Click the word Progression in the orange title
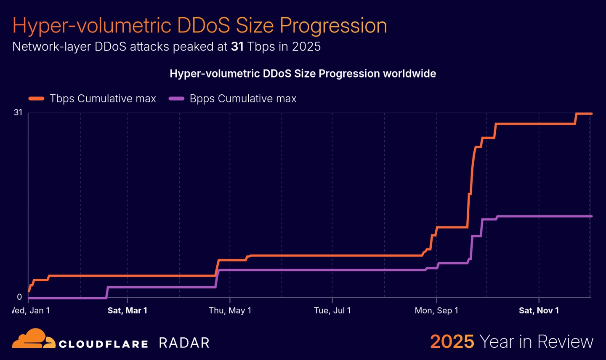coord(333,26)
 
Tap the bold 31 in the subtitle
coord(237,46)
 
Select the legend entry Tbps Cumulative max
coord(103,99)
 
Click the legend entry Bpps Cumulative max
coord(243,99)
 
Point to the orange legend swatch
coord(37,99)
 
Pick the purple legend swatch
coord(176,99)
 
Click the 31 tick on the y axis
coord(18,112)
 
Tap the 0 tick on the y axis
coord(19,297)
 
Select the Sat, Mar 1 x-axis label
coord(127,311)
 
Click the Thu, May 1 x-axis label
coord(230,311)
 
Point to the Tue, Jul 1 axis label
coord(332,311)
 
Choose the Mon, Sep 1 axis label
coord(436,311)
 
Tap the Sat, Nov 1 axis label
coord(539,311)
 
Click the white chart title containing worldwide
coord(303,74)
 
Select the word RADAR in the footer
coord(184,343)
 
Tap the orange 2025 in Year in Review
coord(452,341)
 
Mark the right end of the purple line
coord(591,216)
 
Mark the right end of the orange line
coord(591,114)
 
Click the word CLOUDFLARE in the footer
coord(103,344)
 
